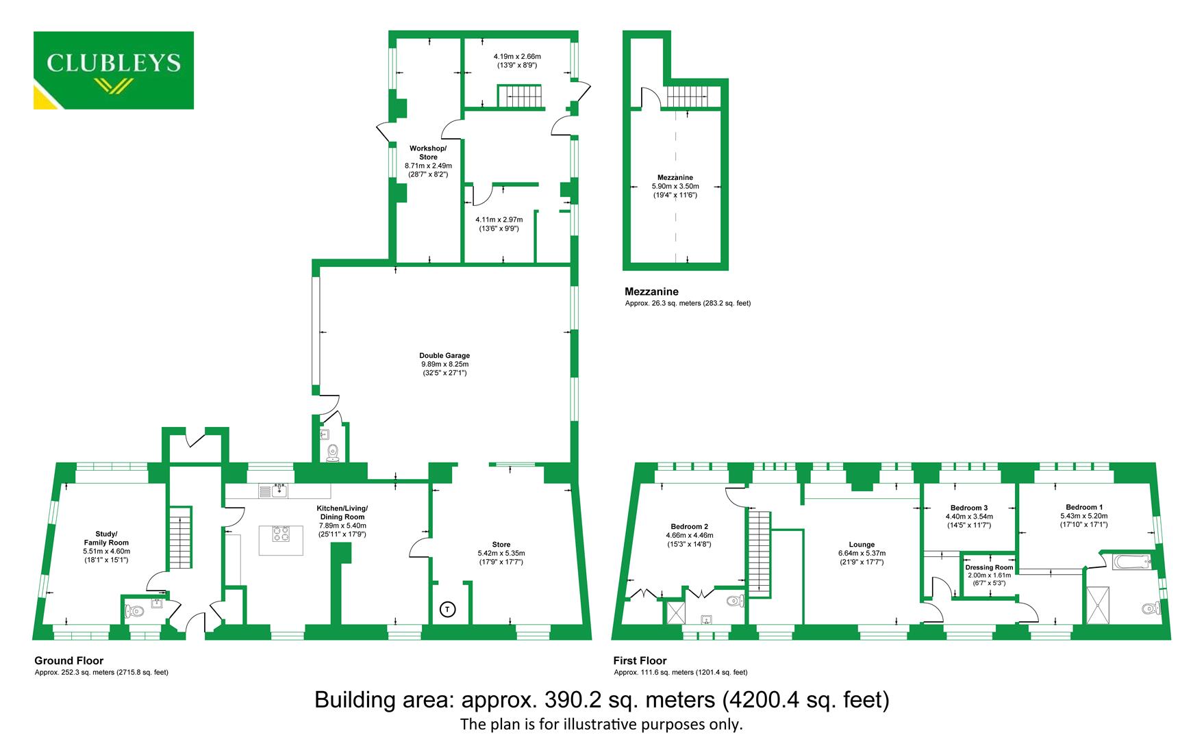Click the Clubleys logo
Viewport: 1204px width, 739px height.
(x=114, y=70)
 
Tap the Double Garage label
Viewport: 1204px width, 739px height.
(x=444, y=356)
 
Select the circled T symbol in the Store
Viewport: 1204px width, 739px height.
(x=447, y=608)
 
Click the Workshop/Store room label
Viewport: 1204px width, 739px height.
(x=428, y=153)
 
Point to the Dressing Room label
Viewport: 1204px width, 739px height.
(x=989, y=567)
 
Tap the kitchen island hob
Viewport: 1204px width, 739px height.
(x=281, y=533)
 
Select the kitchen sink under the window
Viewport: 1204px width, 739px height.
(x=278, y=490)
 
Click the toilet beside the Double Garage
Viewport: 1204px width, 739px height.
(x=333, y=452)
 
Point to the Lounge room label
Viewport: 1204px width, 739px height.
(x=862, y=545)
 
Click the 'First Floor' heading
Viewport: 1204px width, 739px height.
(x=640, y=661)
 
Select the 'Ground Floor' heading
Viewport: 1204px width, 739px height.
(x=69, y=661)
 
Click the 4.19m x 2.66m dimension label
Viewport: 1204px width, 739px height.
(x=517, y=57)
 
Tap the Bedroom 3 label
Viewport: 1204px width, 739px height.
(x=968, y=508)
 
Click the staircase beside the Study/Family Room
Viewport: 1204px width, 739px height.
(x=180, y=538)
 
